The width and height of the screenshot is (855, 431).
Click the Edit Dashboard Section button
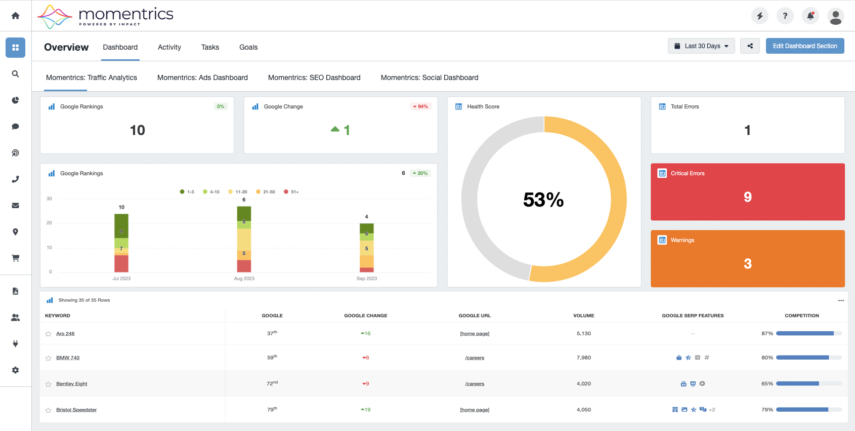coord(804,46)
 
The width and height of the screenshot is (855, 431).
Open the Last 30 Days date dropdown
coord(701,46)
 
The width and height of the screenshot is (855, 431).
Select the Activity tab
coord(169,47)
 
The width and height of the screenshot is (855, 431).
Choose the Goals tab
coord(248,47)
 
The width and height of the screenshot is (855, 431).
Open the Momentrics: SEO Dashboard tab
coord(314,77)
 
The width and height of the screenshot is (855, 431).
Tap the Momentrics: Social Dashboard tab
coord(430,77)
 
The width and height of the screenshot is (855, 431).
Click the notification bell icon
coord(810,16)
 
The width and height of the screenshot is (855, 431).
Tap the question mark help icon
coord(785,16)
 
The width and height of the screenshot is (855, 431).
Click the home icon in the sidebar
coord(15,16)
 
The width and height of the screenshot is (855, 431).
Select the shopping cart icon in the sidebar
coord(15,258)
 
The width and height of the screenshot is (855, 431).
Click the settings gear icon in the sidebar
coord(15,370)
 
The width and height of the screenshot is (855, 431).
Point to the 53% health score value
coord(543,200)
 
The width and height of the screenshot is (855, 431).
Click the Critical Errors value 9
coord(747,197)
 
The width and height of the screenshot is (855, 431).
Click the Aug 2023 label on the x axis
coord(244,279)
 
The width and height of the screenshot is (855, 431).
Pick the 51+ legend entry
coord(291,192)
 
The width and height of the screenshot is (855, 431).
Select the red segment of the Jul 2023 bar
coord(121,264)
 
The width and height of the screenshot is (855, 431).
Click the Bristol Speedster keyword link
coord(76,410)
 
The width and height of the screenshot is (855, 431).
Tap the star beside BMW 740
coord(48,358)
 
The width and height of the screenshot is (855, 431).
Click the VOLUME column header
coord(584,316)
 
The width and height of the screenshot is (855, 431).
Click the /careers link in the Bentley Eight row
coord(475,383)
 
